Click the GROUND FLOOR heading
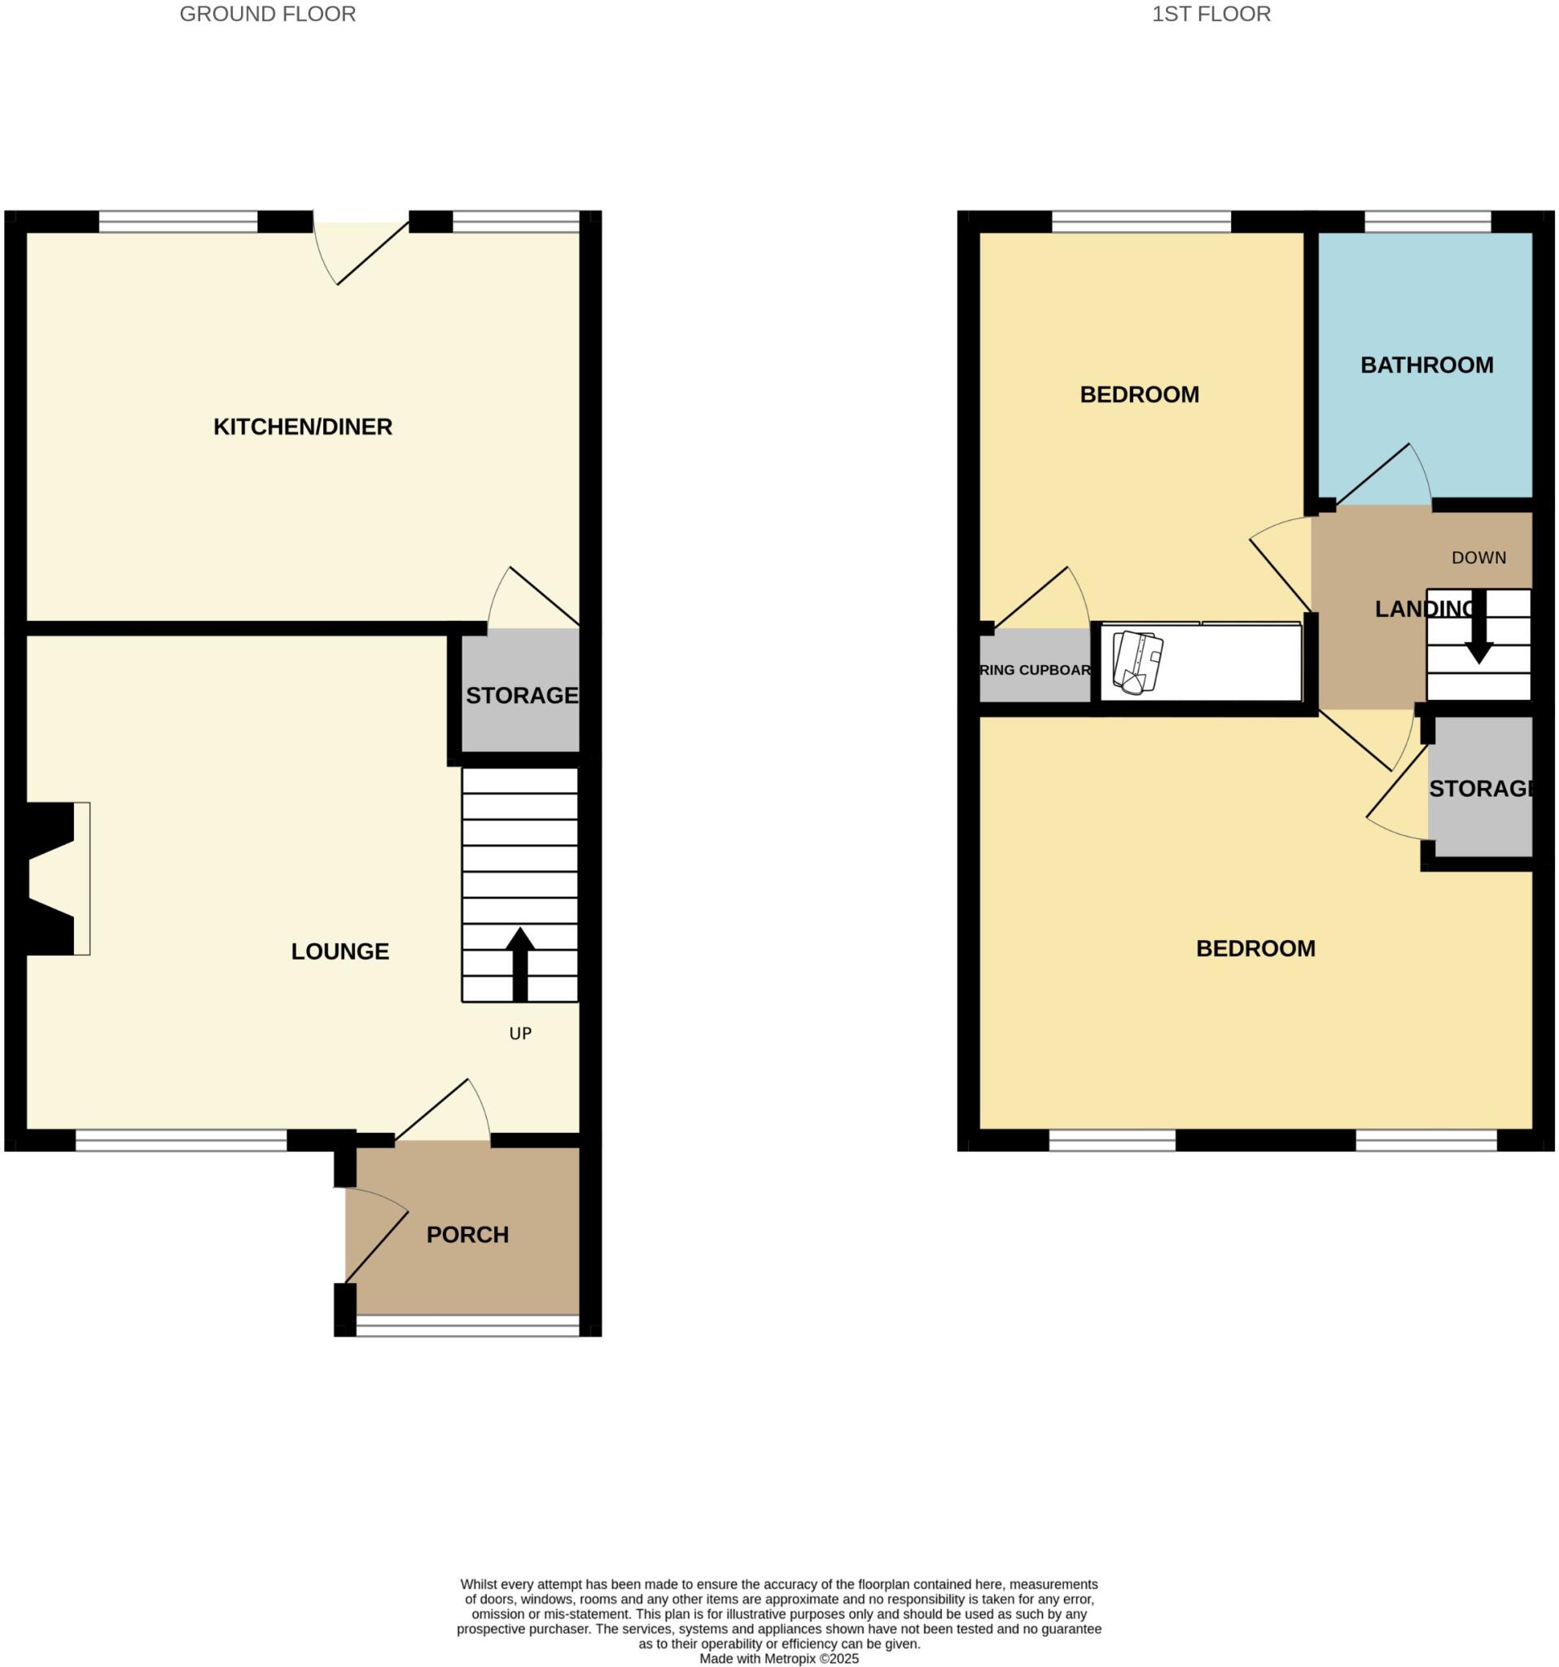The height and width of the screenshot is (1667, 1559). tap(268, 15)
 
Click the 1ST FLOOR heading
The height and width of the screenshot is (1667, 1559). tap(1210, 15)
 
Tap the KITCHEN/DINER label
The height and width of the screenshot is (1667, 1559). tap(303, 427)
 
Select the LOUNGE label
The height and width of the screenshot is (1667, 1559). tap(339, 951)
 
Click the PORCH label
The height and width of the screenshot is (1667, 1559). tap(467, 1234)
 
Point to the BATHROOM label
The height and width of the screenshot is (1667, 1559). tap(1425, 365)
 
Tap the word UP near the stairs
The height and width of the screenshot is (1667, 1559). tap(520, 1033)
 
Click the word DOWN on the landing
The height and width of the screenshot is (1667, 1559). tap(1478, 558)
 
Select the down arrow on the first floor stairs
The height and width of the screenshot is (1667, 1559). tap(1478, 629)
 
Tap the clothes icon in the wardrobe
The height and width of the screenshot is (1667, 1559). tap(1137, 662)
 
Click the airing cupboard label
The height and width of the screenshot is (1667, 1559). tap(1035, 670)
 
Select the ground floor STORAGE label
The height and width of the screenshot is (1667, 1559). tap(522, 695)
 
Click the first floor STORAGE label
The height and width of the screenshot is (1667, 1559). tap(1481, 788)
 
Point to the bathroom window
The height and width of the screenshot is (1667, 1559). tap(1427, 222)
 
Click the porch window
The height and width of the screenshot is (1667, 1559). tap(467, 1326)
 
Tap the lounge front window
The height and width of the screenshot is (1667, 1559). tap(182, 1140)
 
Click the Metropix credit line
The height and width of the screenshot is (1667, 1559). tap(779, 1659)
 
